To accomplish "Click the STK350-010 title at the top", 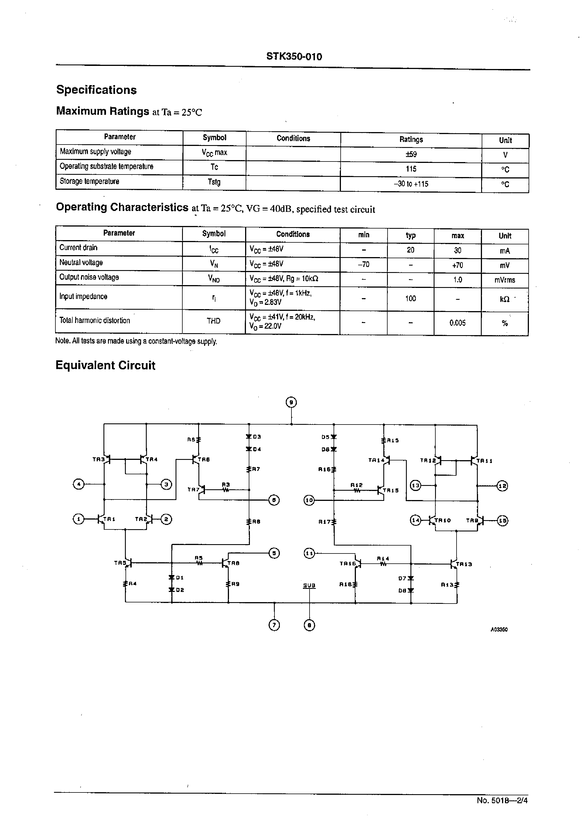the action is [x=294, y=57].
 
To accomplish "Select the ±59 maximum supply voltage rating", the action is [x=411, y=154].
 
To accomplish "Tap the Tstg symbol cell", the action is [x=214, y=182].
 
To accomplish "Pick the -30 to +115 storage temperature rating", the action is [x=411, y=184].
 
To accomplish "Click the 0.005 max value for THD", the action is [x=457, y=323].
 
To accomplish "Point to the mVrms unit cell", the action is [x=505, y=280].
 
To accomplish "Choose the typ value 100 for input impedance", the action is [x=410, y=298].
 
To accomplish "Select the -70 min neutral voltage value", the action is [x=364, y=265].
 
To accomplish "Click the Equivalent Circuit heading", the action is [x=105, y=365].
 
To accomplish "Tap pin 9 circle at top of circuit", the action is [x=291, y=402].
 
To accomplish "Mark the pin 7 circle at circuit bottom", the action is [x=274, y=625].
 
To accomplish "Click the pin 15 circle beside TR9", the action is [x=503, y=521].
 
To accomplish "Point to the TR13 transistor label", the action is [x=464, y=564].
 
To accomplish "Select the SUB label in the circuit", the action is [x=309, y=585].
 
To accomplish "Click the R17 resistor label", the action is [x=325, y=522].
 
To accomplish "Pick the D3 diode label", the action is [x=257, y=437].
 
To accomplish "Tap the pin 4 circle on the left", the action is [x=78, y=484].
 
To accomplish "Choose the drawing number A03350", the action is [x=499, y=630].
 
